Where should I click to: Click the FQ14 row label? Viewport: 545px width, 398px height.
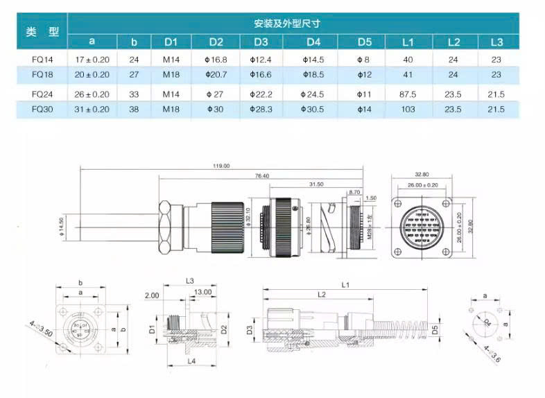click(x=40, y=60)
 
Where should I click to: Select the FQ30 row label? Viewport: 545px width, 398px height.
click(x=40, y=109)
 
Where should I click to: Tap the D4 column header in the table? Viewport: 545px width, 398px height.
click(x=313, y=42)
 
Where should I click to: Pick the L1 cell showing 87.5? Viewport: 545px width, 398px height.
click(x=408, y=94)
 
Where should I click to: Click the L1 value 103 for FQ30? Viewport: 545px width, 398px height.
click(x=408, y=109)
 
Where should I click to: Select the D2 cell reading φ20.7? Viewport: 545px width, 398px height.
click(x=216, y=74)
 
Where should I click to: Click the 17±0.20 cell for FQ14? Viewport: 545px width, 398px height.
click(x=92, y=60)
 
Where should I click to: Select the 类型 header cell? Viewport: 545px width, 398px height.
click(x=42, y=32)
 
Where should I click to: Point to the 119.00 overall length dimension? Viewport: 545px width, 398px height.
click(x=222, y=166)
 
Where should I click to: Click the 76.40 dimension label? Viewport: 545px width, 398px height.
click(x=261, y=176)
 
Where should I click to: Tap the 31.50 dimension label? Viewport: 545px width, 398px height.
click(x=315, y=184)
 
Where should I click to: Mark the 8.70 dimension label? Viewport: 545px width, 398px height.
click(x=354, y=191)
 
